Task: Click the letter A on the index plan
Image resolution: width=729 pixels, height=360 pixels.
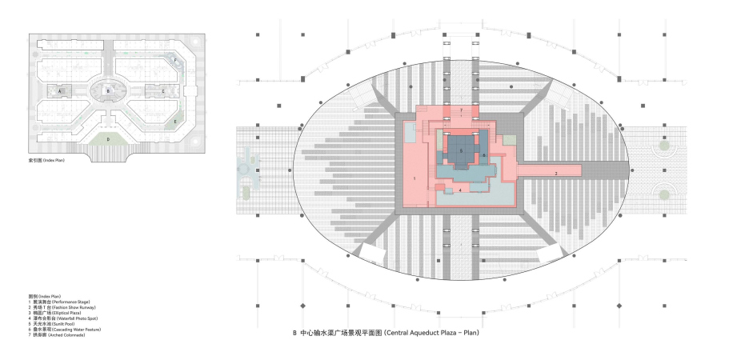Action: [60, 92]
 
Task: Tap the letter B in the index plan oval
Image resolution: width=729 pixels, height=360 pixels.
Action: [109, 92]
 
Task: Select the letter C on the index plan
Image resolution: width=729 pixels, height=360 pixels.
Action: [163, 92]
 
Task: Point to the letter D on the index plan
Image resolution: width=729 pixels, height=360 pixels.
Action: [108, 138]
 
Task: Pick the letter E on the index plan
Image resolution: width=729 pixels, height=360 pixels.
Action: [175, 122]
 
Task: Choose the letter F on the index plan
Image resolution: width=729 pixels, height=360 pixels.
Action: [175, 60]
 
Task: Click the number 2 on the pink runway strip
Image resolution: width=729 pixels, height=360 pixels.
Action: [555, 173]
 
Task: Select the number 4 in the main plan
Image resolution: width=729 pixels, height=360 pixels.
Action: [460, 190]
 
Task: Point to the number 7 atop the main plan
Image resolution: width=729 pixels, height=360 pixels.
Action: [461, 109]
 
